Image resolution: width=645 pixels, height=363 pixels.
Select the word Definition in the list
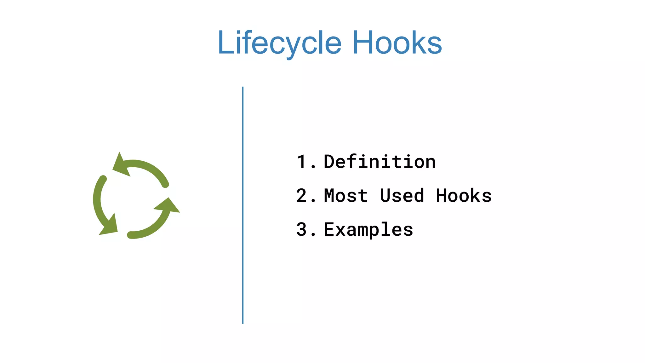click(x=380, y=162)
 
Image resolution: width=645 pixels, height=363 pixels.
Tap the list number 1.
click(x=302, y=162)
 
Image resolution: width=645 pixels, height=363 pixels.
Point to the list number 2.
click(x=302, y=196)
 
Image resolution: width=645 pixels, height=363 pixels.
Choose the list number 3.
click(x=302, y=229)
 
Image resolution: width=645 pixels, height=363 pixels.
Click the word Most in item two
click(x=345, y=196)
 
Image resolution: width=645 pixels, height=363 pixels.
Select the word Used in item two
click(x=402, y=196)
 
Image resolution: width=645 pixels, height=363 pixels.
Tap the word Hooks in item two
click(x=464, y=196)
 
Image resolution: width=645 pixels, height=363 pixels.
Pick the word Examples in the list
click(x=368, y=229)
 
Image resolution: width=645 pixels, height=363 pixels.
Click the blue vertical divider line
click(x=243, y=205)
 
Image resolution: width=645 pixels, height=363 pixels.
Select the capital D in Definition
click(x=329, y=162)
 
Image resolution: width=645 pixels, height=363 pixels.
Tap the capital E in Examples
click(x=329, y=229)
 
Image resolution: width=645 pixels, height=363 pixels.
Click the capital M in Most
click(x=329, y=196)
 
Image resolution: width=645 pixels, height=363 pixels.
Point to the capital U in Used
click(x=385, y=196)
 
